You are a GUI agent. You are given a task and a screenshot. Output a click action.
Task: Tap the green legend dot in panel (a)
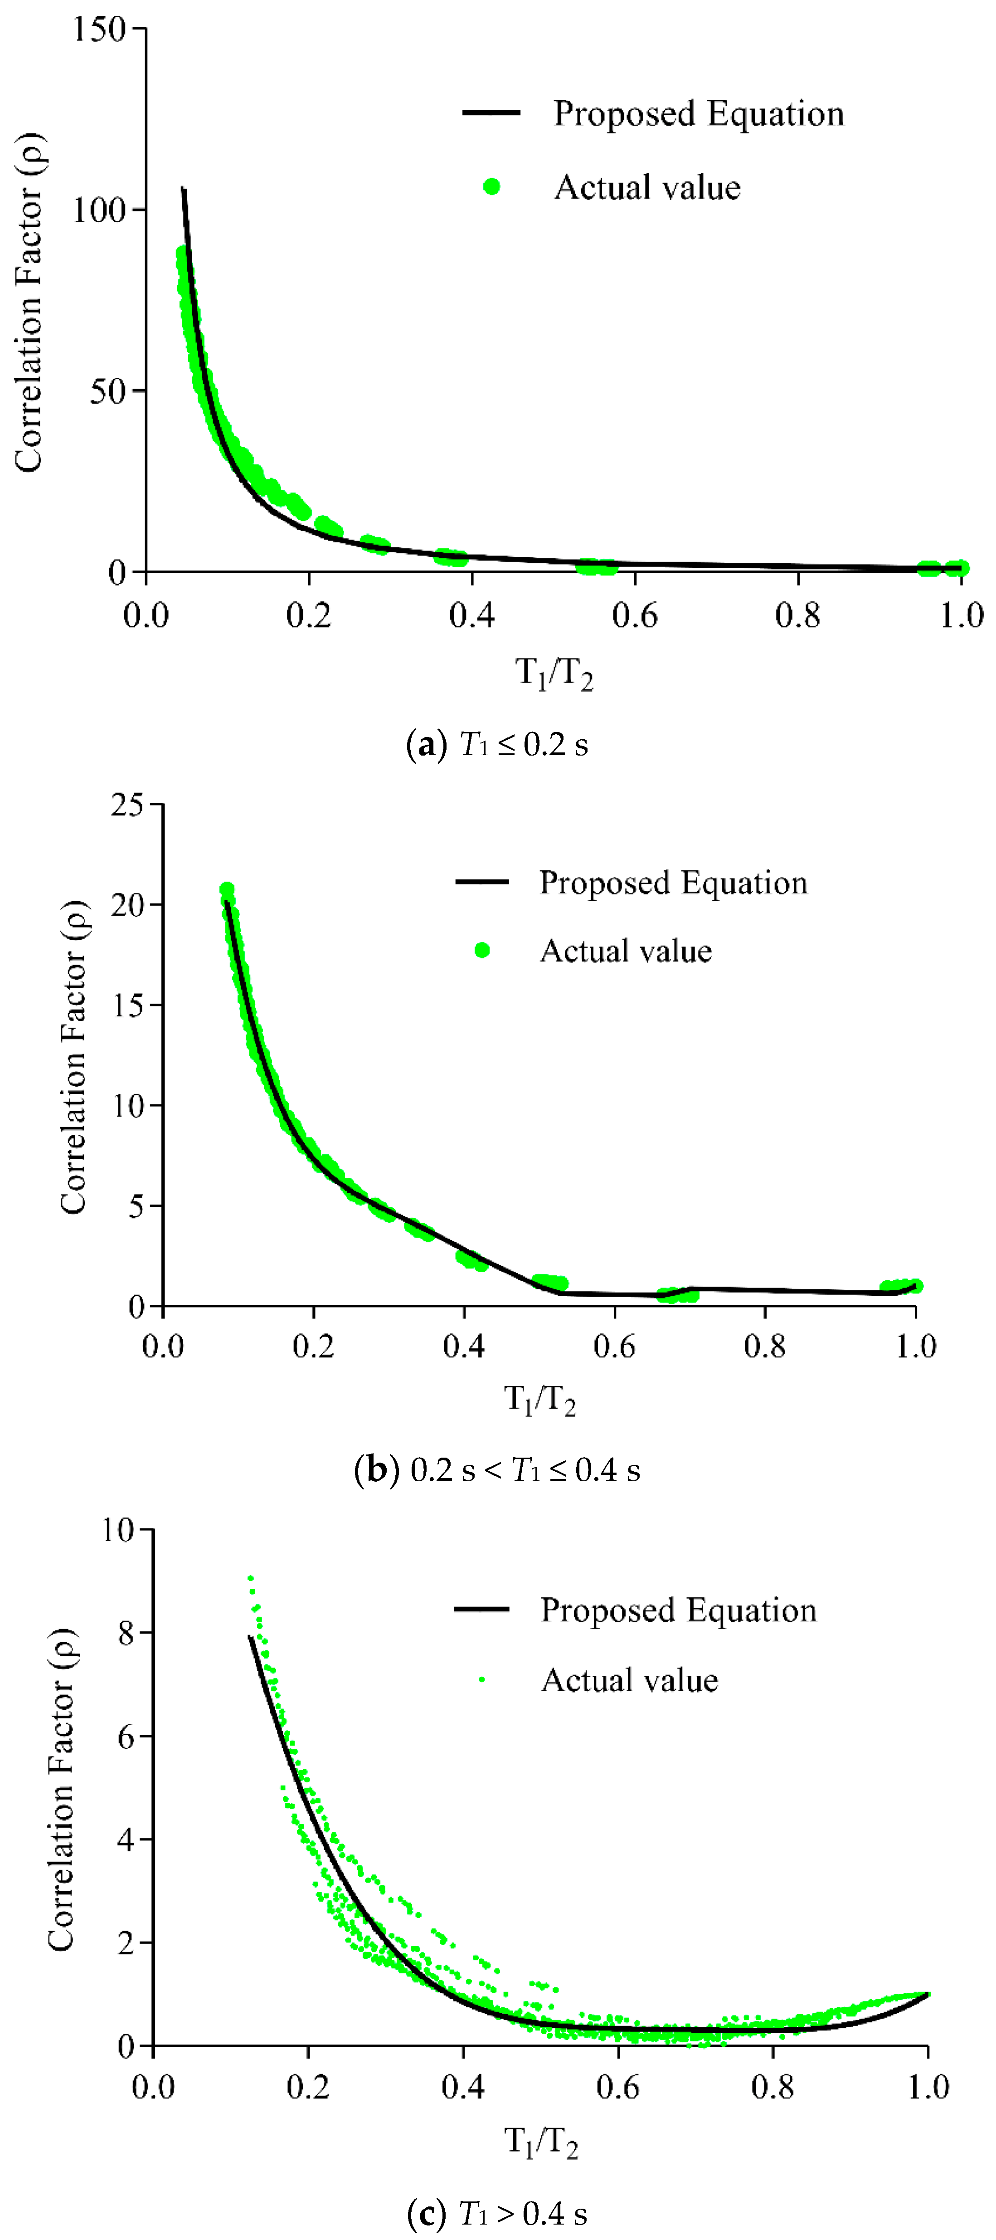(492, 186)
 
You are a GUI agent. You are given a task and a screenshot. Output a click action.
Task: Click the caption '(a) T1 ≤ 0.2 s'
(497, 744)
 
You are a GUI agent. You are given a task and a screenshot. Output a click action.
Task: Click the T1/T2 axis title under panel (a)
(554, 673)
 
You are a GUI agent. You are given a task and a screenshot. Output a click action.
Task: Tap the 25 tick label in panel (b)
(127, 805)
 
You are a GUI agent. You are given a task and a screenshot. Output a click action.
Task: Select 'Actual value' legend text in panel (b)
(626, 951)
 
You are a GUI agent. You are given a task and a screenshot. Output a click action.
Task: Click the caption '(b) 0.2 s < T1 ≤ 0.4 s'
(497, 1469)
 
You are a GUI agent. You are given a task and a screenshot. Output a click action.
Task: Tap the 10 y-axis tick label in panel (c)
(119, 1530)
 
